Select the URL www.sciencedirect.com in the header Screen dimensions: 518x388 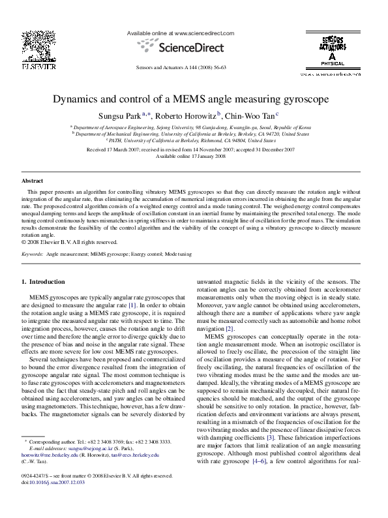(203, 33)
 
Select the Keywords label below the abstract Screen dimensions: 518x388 (33, 252)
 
